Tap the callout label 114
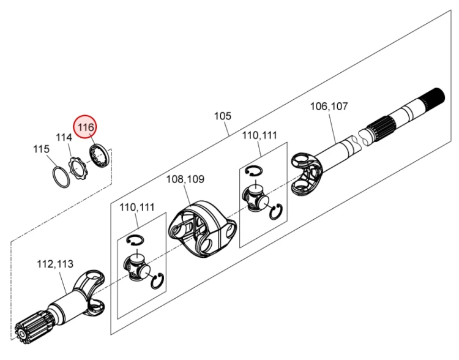[x=64, y=138]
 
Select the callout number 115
[x=41, y=149]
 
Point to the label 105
[x=222, y=116]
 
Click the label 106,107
[x=329, y=106]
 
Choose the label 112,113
[x=55, y=264]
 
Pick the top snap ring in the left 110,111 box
[x=135, y=239]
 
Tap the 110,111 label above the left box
[x=137, y=207]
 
